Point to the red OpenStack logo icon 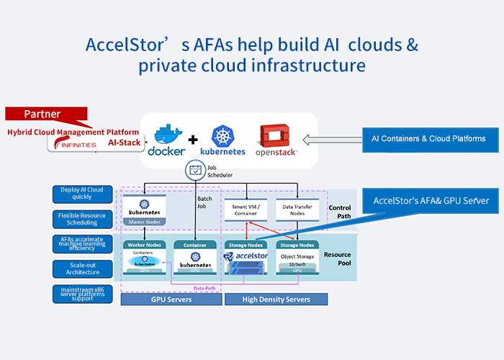coord(274,135)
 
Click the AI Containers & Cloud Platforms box coord(428,138)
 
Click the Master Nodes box coord(145,208)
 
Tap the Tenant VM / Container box coord(246,209)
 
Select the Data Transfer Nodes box coord(297,209)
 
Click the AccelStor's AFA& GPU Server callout coord(431,200)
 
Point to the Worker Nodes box coord(145,258)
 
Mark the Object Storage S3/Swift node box coord(297,258)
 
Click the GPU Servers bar coord(171,300)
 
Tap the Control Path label coord(339,211)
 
